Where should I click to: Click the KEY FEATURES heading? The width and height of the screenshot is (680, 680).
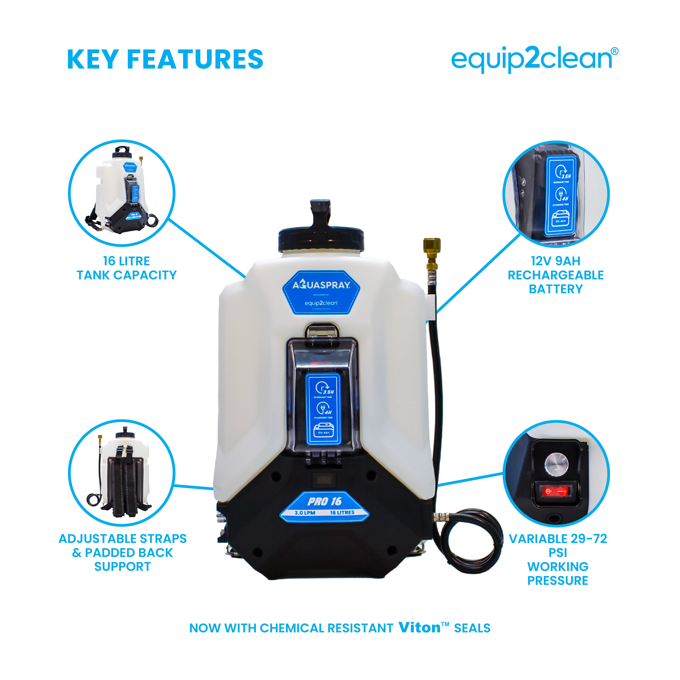pyautogui.click(x=165, y=59)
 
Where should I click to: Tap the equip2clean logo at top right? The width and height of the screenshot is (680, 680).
pyautogui.click(x=531, y=59)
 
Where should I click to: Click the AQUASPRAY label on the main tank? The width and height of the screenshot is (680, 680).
pyautogui.click(x=321, y=285)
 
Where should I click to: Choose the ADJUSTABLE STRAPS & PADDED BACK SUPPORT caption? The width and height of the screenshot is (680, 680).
pyautogui.click(x=123, y=553)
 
